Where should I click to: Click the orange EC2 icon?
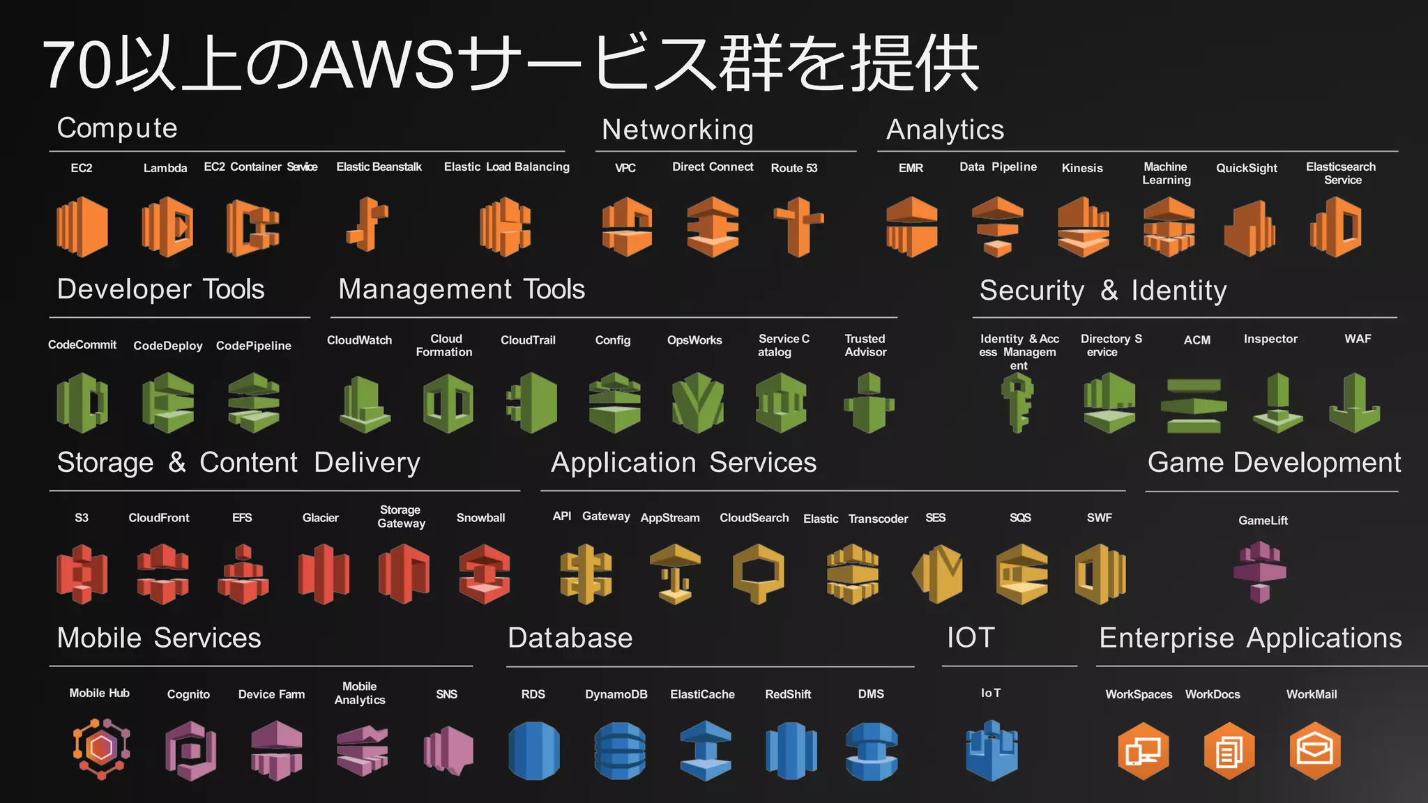coord(82,227)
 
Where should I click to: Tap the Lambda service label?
coord(165,168)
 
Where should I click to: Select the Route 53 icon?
coord(799,227)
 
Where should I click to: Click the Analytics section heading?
coord(945,130)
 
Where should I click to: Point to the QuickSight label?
coord(1246,168)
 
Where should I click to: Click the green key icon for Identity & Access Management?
coord(1017,402)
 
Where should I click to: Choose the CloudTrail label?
coord(528,340)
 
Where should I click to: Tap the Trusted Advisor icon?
coord(869,402)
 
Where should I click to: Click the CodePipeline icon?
coord(254,402)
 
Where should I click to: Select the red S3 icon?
coord(82,574)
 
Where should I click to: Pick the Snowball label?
coord(480,518)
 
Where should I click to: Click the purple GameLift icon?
coord(1260,572)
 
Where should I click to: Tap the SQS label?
coord(1020,518)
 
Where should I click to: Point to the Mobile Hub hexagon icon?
coord(102,749)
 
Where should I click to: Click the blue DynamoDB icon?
coord(619,751)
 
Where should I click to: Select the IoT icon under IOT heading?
coord(992,751)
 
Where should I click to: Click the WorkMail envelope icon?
coord(1314,751)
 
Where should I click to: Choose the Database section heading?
coord(570,638)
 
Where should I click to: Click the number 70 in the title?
coord(77,65)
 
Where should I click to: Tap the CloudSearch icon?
coord(759,574)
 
